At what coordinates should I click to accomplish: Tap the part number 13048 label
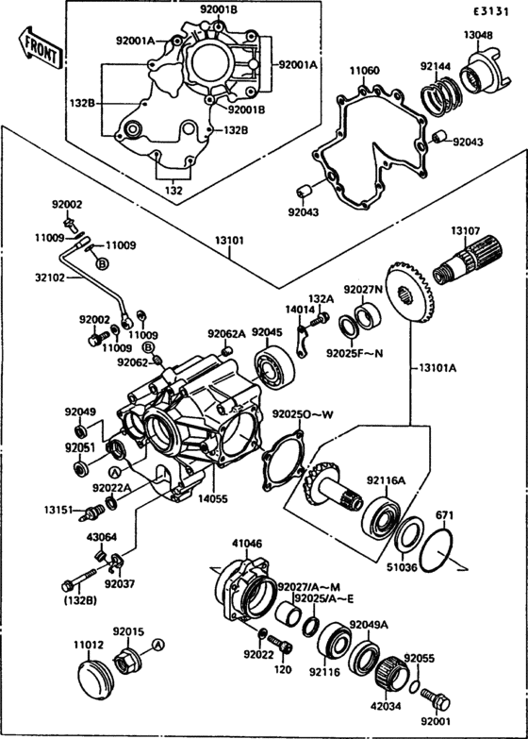pos(477,35)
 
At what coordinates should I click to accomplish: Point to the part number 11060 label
pos(365,71)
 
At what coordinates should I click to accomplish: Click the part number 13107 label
pos(465,231)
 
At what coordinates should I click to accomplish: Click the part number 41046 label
pos(247,544)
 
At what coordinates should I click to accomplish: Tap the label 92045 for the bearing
pos(267,332)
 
